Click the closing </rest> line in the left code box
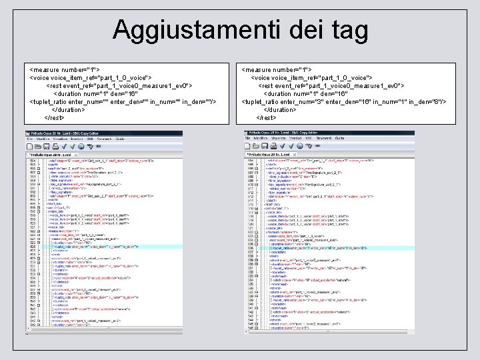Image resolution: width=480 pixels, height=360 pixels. point(54,117)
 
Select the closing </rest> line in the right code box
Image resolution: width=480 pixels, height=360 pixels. point(266,117)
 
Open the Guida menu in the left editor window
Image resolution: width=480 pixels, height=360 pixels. point(120,139)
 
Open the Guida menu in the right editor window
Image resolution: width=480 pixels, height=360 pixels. point(339,138)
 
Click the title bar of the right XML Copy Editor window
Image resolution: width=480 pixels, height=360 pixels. point(330,133)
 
